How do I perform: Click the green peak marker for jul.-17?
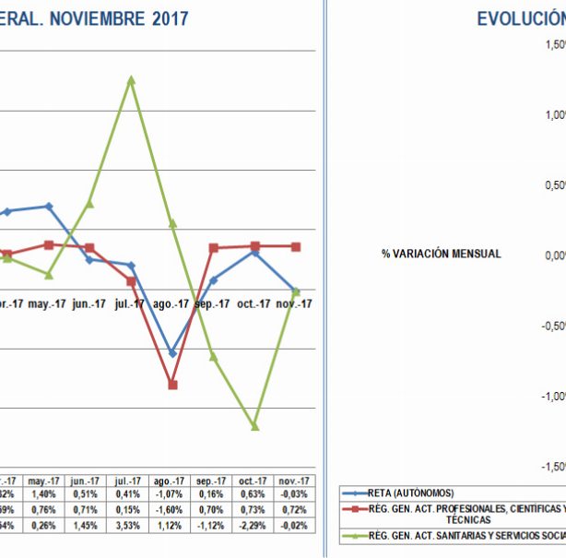point(132,80)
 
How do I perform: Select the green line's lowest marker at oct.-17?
point(254,426)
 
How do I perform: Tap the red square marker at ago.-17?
point(172,385)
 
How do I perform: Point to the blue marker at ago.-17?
point(172,353)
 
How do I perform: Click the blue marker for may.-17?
point(49,207)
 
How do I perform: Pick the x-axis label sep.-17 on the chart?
point(212,303)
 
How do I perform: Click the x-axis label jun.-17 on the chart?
point(88,303)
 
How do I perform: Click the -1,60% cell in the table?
point(171,510)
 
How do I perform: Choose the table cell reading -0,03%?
point(295,494)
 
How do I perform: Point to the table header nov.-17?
point(295,481)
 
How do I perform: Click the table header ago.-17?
point(171,481)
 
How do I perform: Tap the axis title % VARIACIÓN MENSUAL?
point(441,254)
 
